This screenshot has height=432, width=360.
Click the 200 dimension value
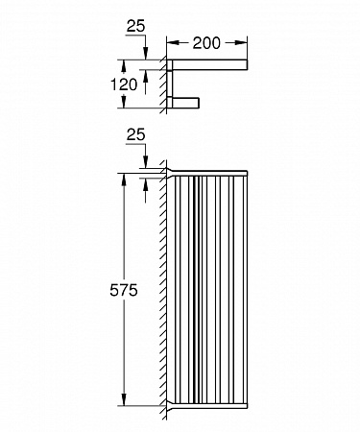coord(206,43)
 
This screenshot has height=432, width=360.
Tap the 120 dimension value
coord(124,84)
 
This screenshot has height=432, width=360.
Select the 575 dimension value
coord(124,290)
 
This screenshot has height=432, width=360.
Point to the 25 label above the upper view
coord(135,26)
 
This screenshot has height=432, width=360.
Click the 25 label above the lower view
coord(135,135)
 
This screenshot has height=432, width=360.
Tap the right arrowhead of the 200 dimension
coord(241,43)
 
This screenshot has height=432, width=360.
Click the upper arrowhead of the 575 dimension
coord(124,180)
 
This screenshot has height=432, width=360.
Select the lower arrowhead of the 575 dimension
coord(124,399)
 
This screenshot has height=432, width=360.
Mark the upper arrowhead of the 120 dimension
coord(124,66)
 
